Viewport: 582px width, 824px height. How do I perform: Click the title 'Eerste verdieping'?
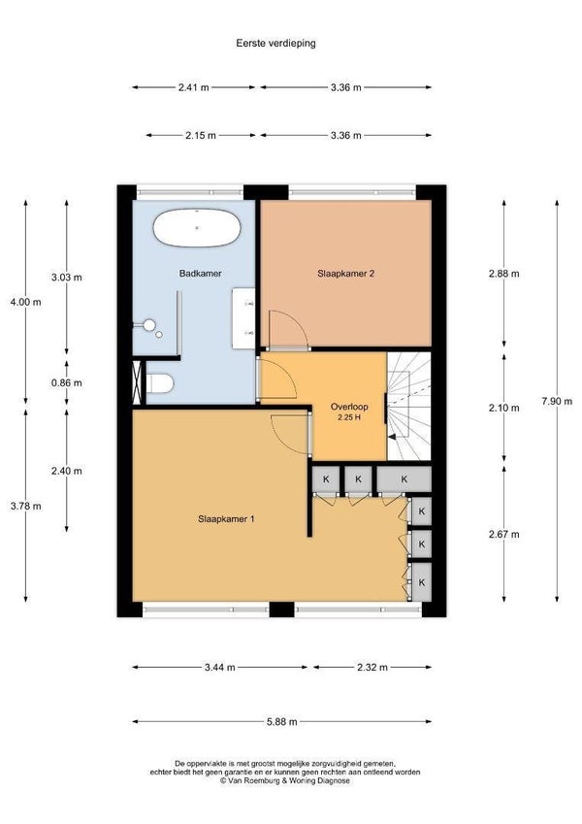coord(275,43)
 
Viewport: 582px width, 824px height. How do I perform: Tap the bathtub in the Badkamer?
coord(197,228)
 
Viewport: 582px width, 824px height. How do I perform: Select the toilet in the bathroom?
coord(160,383)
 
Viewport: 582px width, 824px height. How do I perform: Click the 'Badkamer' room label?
coord(200,274)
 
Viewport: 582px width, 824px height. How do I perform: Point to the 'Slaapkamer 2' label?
coord(345,274)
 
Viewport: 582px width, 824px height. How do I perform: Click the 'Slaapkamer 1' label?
coord(226,518)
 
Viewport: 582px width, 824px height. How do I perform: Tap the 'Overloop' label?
coord(349,407)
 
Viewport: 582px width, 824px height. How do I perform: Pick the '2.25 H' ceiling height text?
coord(349,417)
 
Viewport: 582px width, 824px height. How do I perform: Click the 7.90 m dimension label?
coord(557,402)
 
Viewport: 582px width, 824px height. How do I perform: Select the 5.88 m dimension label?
coord(282,721)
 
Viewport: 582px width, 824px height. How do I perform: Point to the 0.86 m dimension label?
coord(67,383)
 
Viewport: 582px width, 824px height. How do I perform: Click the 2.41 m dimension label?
coord(194,87)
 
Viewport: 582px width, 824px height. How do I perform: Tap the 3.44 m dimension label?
coord(219,668)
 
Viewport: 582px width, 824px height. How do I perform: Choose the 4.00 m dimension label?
coord(26,302)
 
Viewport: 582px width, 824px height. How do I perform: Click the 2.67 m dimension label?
coord(504,535)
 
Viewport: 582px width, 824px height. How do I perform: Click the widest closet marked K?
coord(404,479)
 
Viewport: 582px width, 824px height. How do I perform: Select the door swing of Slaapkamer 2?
coord(288,329)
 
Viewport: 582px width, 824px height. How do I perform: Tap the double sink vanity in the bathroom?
coord(243,318)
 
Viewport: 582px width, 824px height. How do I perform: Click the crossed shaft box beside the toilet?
coord(138,382)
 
